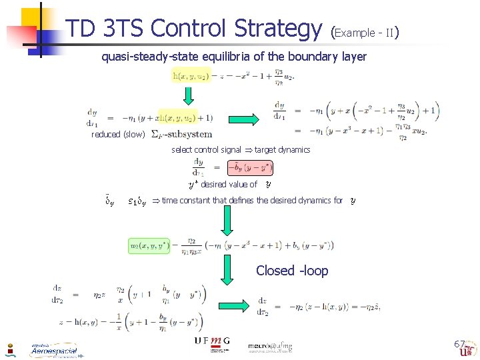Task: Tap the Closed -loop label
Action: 292,270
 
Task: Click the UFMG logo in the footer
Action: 212,341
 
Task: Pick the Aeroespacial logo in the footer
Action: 53,349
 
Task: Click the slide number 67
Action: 459,344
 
